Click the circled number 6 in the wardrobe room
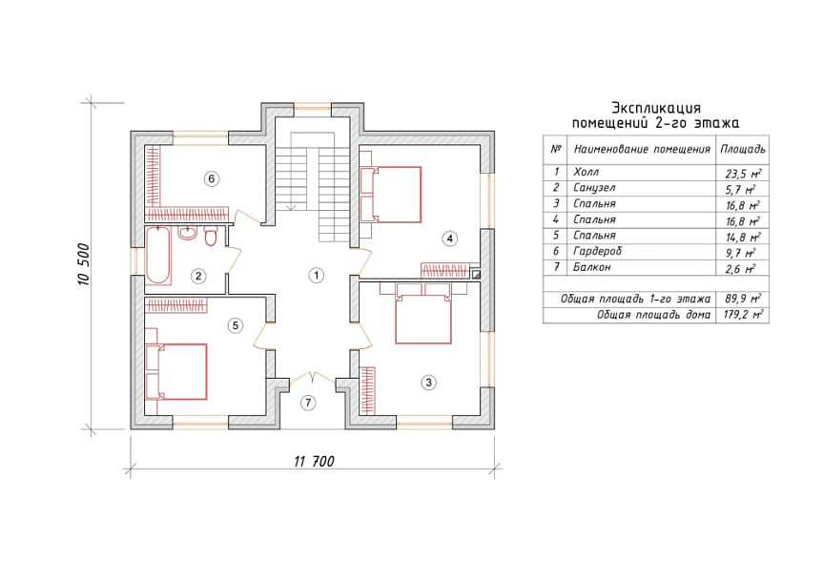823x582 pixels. coord(212,178)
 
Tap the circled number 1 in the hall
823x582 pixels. coord(316,275)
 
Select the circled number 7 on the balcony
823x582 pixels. coord(308,403)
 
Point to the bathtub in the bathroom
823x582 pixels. coord(157,256)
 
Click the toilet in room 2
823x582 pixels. coord(211,237)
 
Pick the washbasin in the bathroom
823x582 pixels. coord(187,233)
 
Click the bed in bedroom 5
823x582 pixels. coord(175,371)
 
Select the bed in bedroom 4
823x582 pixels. coord(391,195)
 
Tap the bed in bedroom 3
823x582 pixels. coord(423,315)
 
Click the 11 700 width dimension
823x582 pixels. coord(314,462)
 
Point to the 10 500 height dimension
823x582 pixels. coord(85,264)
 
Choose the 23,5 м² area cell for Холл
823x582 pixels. coord(744,174)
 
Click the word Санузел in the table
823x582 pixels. coord(594,188)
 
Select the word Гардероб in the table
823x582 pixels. coord(597,251)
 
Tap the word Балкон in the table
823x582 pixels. coord(592,267)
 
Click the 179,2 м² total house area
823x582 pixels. coord(744,315)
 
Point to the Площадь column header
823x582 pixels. coord(743,150)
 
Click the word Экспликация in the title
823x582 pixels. coord(656,108)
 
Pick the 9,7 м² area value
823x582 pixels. coord(741,253)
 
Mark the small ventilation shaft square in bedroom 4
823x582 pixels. coord(476,273)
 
